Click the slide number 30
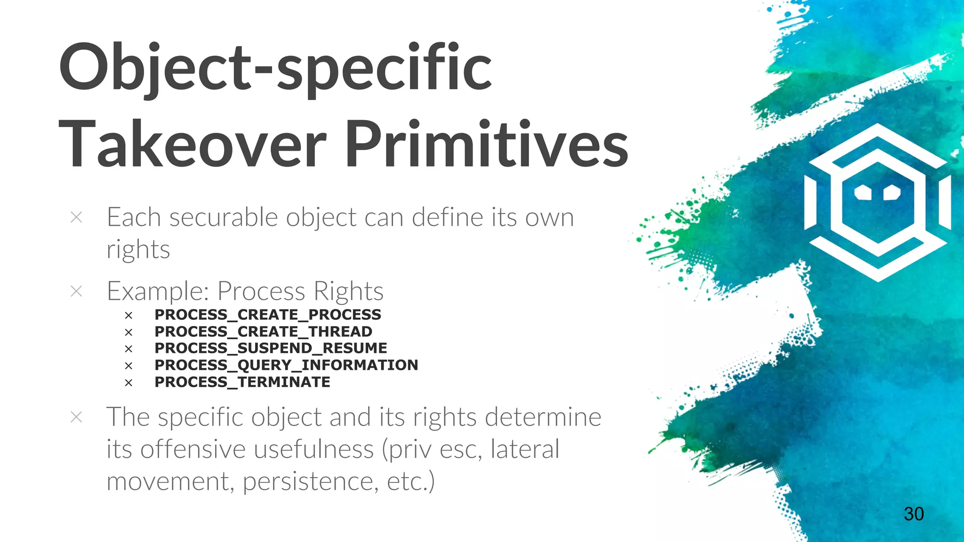click(914, 514)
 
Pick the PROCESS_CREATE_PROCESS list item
click(267, 314)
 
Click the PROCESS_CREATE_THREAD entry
click(263, 331)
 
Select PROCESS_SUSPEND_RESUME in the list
click(271, 348)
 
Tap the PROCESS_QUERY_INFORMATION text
click(286, 365)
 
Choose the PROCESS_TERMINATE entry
click(242, 382)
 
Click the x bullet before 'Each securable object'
click(76, 217)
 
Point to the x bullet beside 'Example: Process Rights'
click(76, 291)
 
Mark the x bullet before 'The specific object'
click(76, 417)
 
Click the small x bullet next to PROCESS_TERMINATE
click(129, 383)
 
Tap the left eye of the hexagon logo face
click(863, 192)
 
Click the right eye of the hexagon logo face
click(892, 192)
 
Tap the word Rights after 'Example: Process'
click(348, 291)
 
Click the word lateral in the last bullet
click(525, 449)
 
